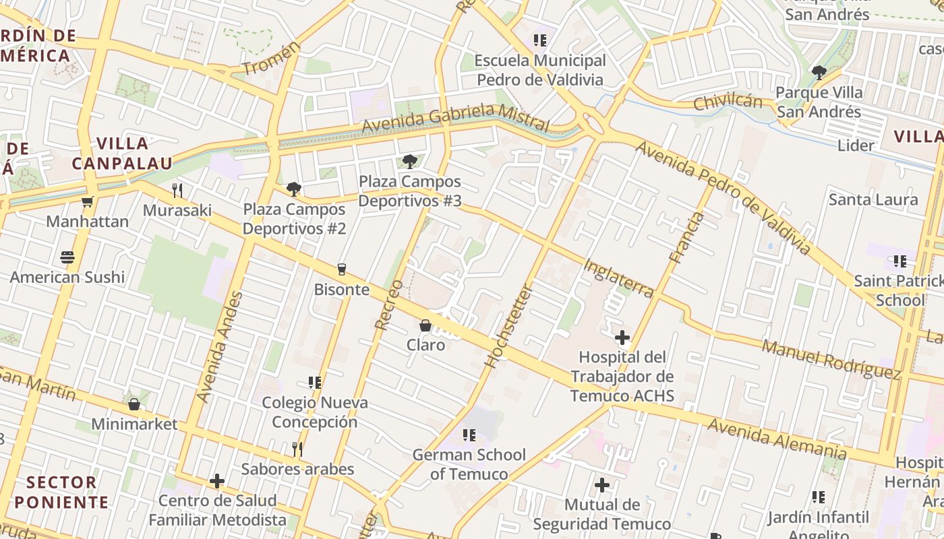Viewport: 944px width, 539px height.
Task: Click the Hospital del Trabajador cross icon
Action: pos(622,337)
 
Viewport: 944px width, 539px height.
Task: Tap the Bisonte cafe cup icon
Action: pos(342,269)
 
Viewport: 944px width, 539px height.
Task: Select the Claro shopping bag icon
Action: pos(425,325)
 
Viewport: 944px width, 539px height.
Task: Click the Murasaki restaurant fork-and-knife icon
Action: pos(177,190)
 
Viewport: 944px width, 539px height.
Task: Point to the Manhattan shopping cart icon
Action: pos(87,201)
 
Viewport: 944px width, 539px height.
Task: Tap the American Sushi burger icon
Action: pos(67,257)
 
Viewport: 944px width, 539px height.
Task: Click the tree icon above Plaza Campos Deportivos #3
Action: pos(409,161)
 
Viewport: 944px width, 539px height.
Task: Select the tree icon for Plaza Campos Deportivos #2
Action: pos(293,189)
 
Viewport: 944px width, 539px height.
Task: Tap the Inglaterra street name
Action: pos(618,278)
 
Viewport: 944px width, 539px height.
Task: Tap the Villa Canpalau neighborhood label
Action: pos(122,153)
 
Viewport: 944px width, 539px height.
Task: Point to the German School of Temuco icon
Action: pos(469,435)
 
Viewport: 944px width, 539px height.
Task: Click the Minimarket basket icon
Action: pos(134,404)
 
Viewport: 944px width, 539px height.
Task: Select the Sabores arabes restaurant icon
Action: pos(297,449)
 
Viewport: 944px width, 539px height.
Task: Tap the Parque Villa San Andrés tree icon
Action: pos(819,72)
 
